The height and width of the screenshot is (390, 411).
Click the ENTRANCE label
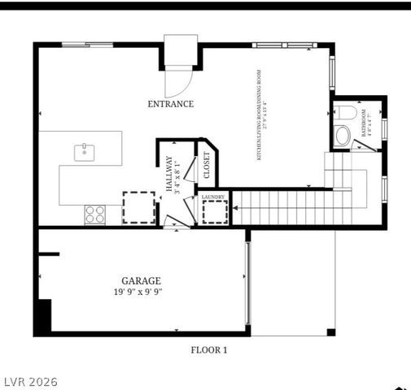170,103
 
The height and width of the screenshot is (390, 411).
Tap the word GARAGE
141,280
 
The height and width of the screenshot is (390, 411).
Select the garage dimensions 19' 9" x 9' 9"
141,292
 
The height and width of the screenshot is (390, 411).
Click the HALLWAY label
168,173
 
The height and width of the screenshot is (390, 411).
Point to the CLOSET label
206,166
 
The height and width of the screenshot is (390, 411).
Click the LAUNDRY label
214,197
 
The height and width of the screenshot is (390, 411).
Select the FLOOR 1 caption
208,350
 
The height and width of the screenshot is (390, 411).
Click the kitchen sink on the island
84,151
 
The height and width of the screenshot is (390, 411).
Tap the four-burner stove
95,214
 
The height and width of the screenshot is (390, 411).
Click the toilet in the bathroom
344,113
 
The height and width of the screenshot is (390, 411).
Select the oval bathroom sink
343,135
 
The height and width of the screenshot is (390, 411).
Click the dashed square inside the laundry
215,212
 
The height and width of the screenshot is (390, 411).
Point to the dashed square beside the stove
138,206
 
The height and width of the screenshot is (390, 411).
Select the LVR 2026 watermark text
29,381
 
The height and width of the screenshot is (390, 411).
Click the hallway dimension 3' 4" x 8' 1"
178,173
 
